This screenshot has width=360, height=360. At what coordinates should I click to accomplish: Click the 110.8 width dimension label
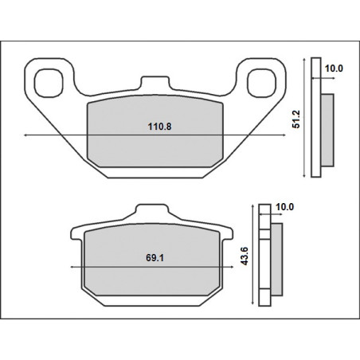159,127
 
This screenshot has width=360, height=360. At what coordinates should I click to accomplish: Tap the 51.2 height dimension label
295,119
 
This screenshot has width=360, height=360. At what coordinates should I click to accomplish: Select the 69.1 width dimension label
155,257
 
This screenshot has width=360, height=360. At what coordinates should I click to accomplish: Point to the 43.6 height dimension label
244,256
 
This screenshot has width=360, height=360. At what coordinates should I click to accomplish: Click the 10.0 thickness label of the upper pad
334,68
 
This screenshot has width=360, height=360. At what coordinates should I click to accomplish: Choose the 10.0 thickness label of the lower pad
284,207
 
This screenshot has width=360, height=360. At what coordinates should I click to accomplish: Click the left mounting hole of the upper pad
49,83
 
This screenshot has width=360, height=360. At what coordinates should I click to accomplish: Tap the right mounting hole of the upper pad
261,83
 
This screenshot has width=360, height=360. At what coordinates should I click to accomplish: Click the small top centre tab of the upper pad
155,82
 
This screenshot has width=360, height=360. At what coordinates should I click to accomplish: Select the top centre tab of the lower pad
152,209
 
